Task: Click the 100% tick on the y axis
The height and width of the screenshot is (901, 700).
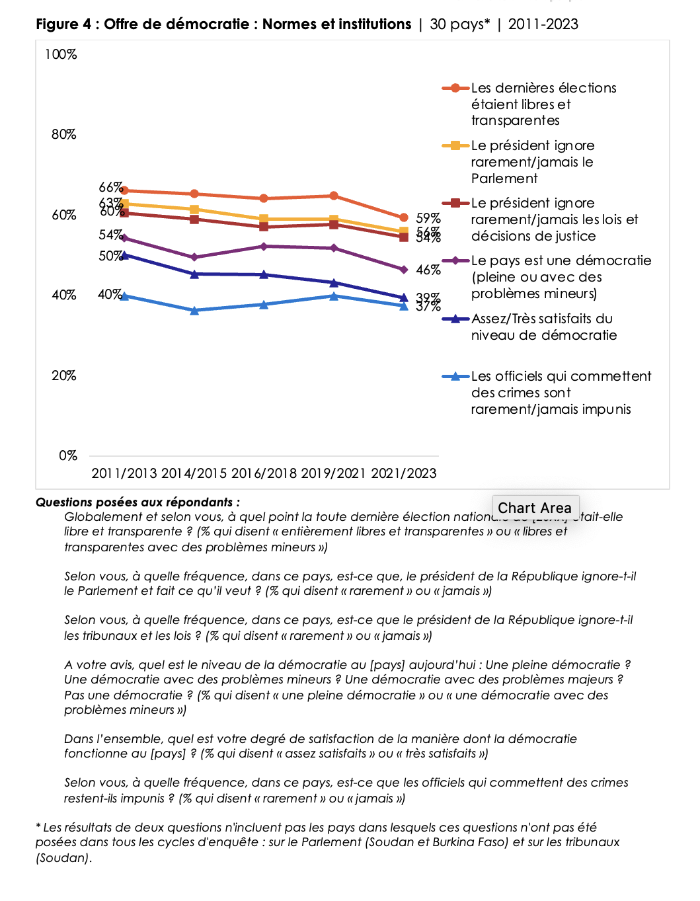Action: click(61, 54)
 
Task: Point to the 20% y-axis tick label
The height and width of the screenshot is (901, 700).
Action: click(64, 375)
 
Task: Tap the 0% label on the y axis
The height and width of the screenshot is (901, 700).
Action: click(68, 455)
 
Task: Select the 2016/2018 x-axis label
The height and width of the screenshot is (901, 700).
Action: click(264, 473)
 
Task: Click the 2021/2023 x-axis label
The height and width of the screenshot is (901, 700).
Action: click(404, 473)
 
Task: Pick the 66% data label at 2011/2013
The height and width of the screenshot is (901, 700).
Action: click(110, 187)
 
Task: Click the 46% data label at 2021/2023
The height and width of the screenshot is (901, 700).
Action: click(428, 270)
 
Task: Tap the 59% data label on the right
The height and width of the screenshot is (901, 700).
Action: click(428, 218)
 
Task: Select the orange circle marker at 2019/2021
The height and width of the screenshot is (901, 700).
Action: click(334, 196)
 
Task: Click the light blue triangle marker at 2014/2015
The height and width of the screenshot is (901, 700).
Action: click(194, 310)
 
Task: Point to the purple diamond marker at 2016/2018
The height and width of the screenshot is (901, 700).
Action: click(264, 247)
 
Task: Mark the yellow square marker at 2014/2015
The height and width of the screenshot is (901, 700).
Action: click(194, 210)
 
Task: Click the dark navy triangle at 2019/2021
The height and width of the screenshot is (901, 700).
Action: click(334, 283)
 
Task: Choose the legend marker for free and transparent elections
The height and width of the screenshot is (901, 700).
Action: click(455, 88)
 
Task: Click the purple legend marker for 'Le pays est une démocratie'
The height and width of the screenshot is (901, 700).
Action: click(455, 261)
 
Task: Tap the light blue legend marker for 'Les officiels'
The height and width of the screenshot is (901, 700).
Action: click(455, 377)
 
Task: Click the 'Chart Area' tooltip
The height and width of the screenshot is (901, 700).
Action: click(535, 508)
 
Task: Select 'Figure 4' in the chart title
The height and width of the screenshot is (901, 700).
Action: click(63, 24)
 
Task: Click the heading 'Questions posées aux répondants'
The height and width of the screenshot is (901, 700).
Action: click(137, 502)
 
